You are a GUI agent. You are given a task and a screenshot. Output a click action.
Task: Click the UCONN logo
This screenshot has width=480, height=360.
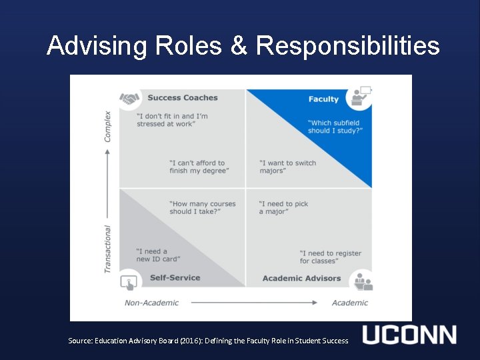[x=409, y=335]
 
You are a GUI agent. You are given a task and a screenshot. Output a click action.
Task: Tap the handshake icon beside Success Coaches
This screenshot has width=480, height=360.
[x=129, y=99]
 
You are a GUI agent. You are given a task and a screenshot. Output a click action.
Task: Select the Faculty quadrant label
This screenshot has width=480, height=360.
[x=323, y=99]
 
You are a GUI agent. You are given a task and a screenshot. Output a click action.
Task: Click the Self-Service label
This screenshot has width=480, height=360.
[x=175, y=278]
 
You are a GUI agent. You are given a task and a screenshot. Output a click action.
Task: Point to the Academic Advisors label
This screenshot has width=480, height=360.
[x=301, y=279]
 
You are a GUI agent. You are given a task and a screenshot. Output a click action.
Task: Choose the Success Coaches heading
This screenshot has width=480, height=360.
[x=183, y=98]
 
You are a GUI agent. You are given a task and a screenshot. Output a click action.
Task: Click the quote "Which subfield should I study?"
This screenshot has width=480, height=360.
[x=335, y=127]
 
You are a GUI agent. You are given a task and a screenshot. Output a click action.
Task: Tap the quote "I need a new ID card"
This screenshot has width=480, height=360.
[x=157, y=255]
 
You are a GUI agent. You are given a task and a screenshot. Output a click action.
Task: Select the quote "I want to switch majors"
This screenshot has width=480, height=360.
[x=287, y=167]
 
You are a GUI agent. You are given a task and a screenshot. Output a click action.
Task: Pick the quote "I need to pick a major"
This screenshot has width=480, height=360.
[x=283, y=208]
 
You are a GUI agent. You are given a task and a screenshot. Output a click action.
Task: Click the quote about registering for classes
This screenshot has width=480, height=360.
[x=330, y=257]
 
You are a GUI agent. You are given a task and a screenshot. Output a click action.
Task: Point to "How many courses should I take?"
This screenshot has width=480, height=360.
[x=203, y=207]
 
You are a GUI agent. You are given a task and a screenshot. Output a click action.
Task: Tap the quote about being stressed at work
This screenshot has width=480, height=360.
[x=172, y=120]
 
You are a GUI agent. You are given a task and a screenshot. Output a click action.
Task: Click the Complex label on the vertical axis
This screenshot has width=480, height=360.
[x=108, y=126]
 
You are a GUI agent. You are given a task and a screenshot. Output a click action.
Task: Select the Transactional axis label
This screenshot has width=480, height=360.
[x=108, y=249]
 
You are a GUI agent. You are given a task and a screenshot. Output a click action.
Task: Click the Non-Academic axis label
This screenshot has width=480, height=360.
[x=152, y=303]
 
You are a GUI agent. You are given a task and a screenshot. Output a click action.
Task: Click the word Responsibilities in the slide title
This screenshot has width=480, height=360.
[x=347, y=46]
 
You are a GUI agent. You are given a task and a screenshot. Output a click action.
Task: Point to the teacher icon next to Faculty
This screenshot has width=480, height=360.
[x=361, y=96]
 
